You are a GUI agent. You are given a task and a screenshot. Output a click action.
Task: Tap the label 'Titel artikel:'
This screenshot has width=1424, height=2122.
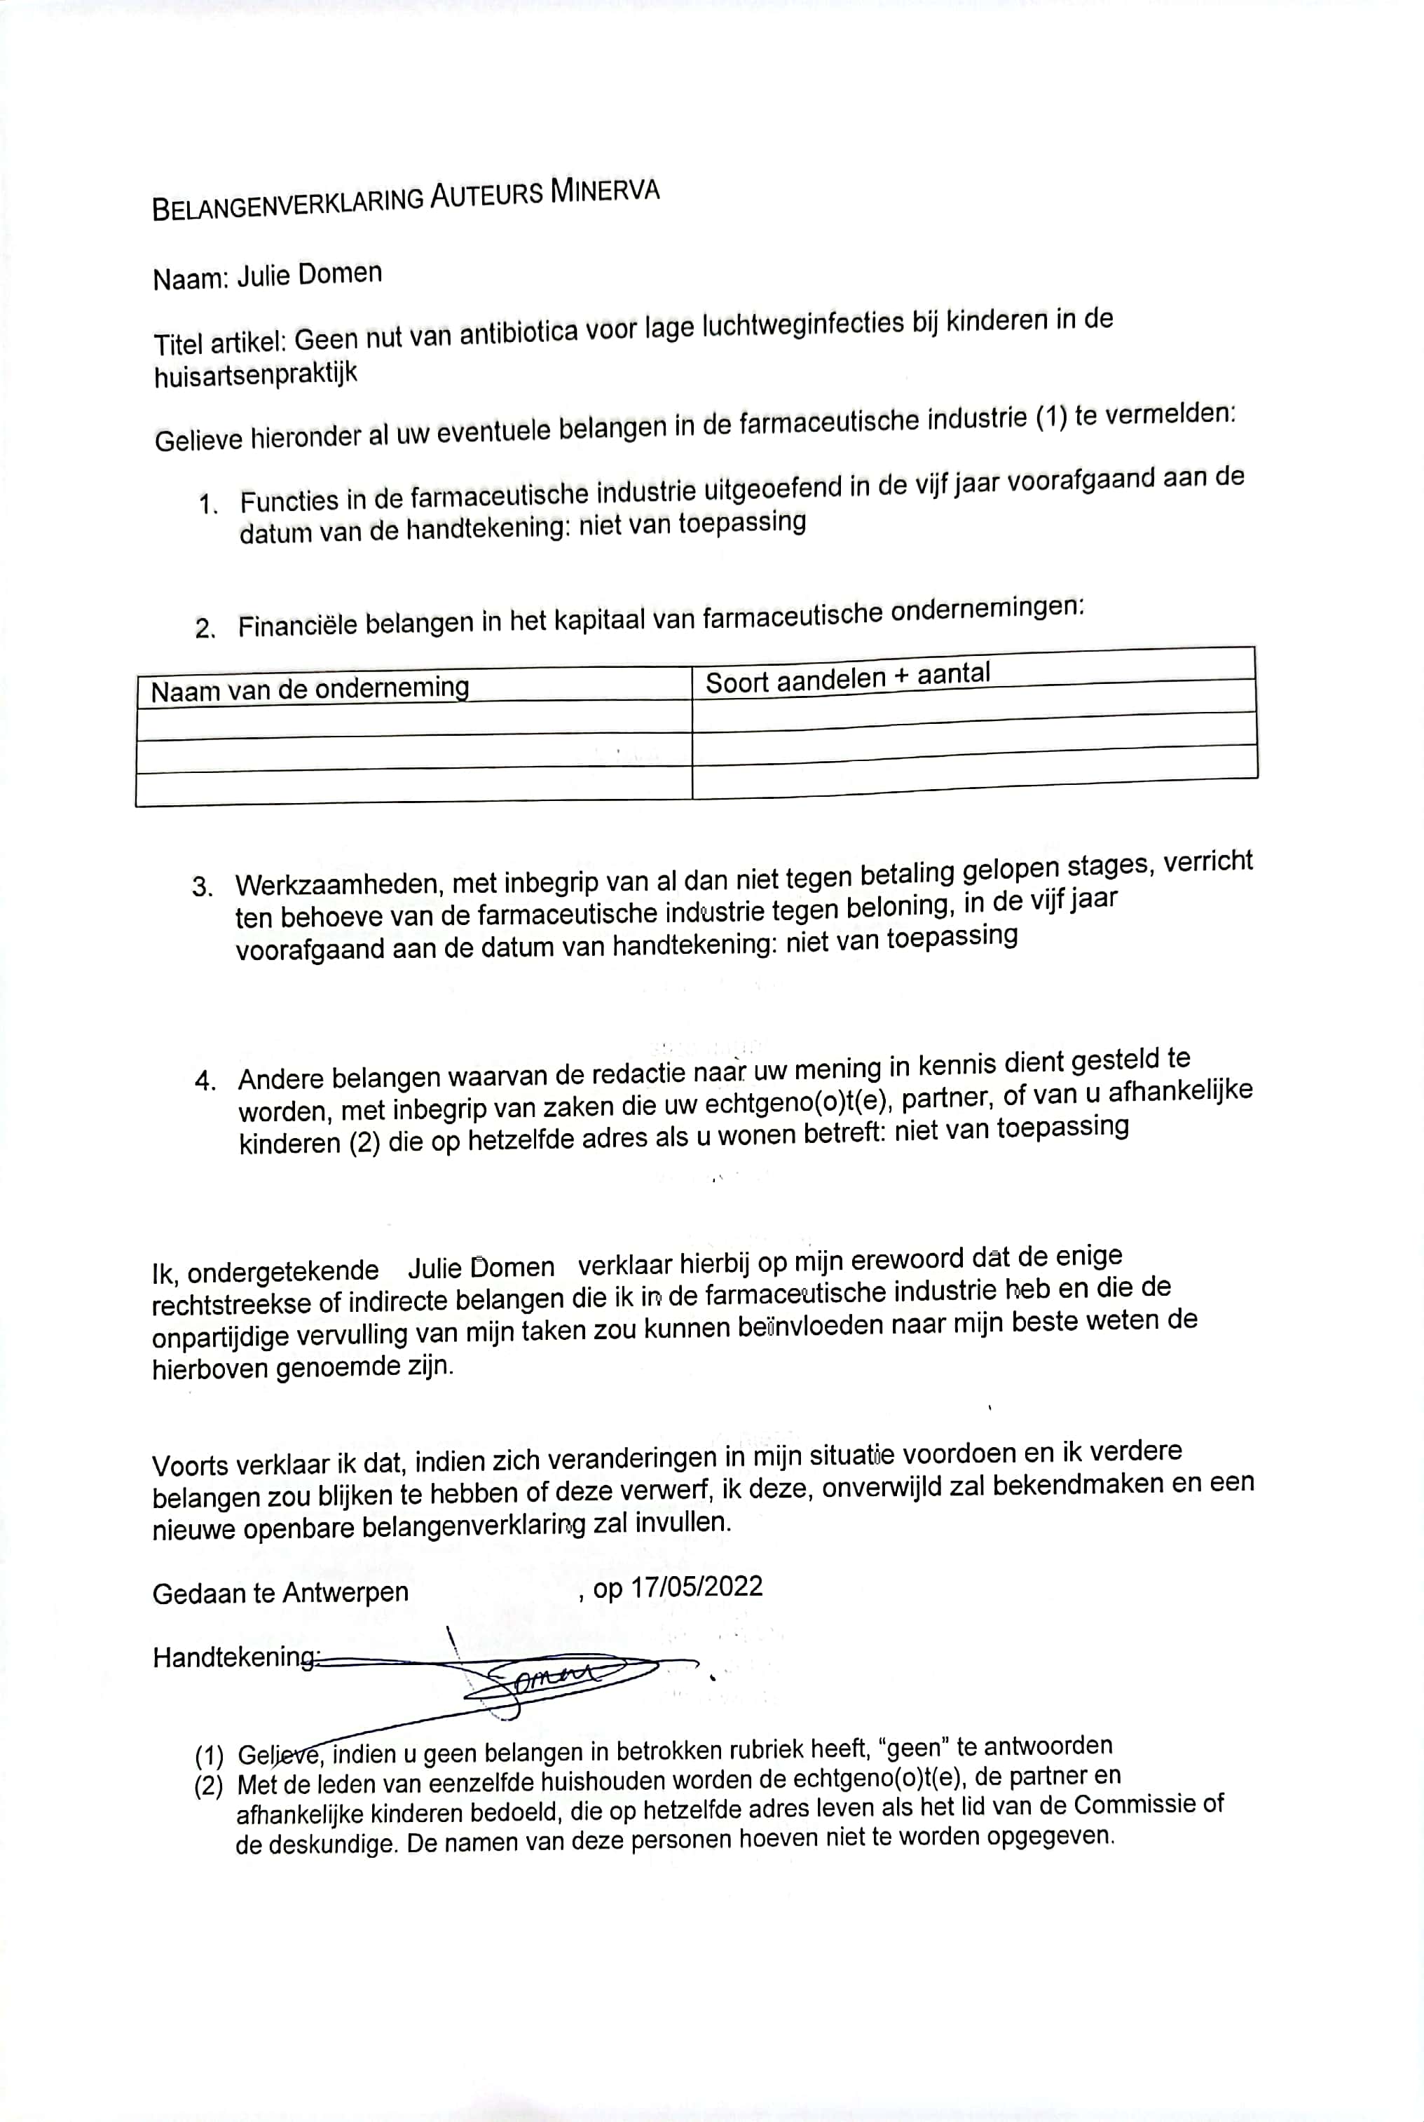click(220, 343)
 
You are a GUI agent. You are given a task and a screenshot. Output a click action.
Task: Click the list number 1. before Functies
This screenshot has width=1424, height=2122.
click(208, 505)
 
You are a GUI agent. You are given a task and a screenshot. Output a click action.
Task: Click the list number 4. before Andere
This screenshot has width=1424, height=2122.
click(205, 1081)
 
